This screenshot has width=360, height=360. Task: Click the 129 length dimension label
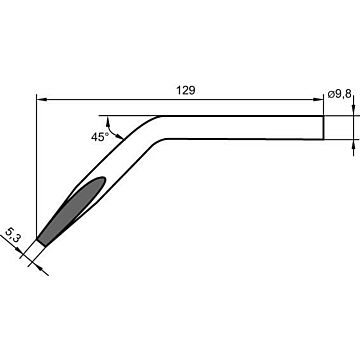pos(186,90)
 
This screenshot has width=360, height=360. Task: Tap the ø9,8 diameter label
pos(339,94)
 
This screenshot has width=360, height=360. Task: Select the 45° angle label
pos(100,137)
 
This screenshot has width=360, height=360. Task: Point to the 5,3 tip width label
pos(12,234)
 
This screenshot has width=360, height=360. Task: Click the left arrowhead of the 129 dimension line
pos(41,99)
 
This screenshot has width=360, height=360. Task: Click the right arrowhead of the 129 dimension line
pos(319,99)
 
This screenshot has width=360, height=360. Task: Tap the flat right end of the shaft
pos(323,128)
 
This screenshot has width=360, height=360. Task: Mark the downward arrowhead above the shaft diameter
pos(353,111)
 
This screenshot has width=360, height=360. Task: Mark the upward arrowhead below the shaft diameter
pos(353,144)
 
